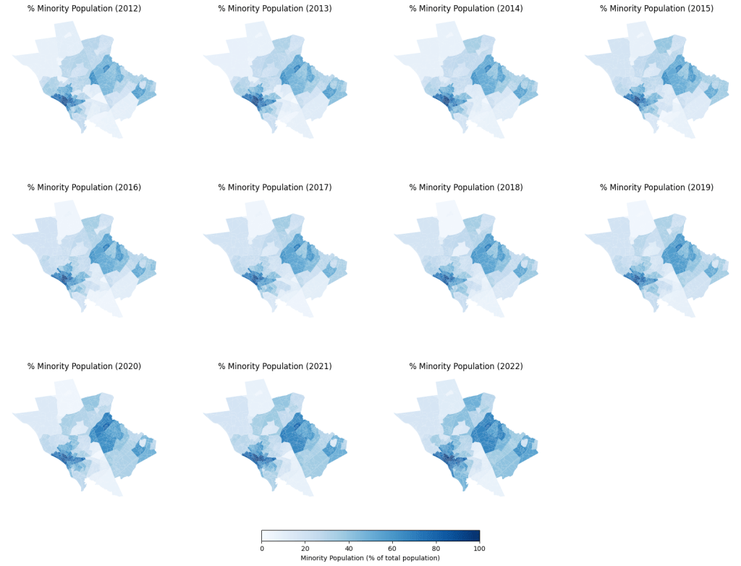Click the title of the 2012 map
[x=84, y=9]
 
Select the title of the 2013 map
[x=275, y=9]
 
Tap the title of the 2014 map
[x=466, y=9]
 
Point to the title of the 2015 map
[x=656, y=9]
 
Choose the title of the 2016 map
[x=84, y=187]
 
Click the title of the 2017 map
[x=275, y=187]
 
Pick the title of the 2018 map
[x=466, y=187]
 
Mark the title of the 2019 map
[x=656, y=187]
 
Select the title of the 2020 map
[x=84, y=366]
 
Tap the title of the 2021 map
[x=275, y=366]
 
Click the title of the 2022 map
[x=466, y=366]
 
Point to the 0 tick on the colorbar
[x=262, y=549]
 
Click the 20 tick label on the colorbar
[x=305, y=549]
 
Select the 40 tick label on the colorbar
[x=349, y=549]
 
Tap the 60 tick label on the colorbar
[x=392, y=549]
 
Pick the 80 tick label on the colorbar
[x=436, y=549]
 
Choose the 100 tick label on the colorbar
[x=479, y=549]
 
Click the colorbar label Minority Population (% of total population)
[x=370, y=558]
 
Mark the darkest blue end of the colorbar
[x=477, y=536]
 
